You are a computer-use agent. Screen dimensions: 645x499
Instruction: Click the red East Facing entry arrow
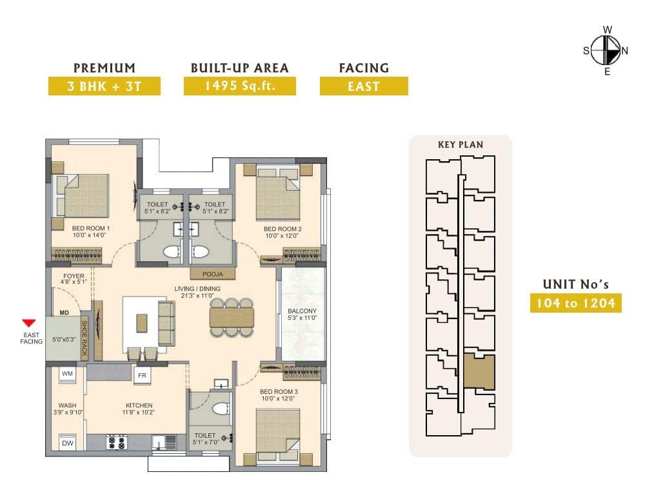point(29,323)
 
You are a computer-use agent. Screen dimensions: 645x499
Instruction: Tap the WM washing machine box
point(67,375)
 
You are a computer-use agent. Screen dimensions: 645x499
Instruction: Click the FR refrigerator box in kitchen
point(142,375)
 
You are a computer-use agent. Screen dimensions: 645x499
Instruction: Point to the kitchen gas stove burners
point(115,442)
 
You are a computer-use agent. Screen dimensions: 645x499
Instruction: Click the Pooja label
point(213,274)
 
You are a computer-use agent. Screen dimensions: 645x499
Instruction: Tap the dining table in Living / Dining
point(232,317)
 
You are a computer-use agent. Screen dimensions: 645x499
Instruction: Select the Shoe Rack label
point(84,338)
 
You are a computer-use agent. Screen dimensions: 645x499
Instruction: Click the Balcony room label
point(302,311)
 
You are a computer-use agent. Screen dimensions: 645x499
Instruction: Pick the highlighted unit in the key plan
point(479,371)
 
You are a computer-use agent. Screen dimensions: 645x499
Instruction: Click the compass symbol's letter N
point(624,51)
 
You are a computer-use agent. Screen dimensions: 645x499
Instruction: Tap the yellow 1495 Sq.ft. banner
point(240,86)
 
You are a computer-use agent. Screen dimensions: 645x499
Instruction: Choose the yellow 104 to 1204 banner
point(575,303)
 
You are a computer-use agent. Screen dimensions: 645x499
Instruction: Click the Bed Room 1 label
point(90,228)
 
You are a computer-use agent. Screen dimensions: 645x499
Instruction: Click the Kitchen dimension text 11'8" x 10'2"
point(138,412)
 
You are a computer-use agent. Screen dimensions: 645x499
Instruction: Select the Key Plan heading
point(461,144)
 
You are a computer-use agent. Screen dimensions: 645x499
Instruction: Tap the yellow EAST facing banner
point(364,86)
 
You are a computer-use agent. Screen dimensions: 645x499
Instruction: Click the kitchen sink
point(164,443)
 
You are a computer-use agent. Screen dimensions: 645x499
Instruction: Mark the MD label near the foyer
point(64,313)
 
